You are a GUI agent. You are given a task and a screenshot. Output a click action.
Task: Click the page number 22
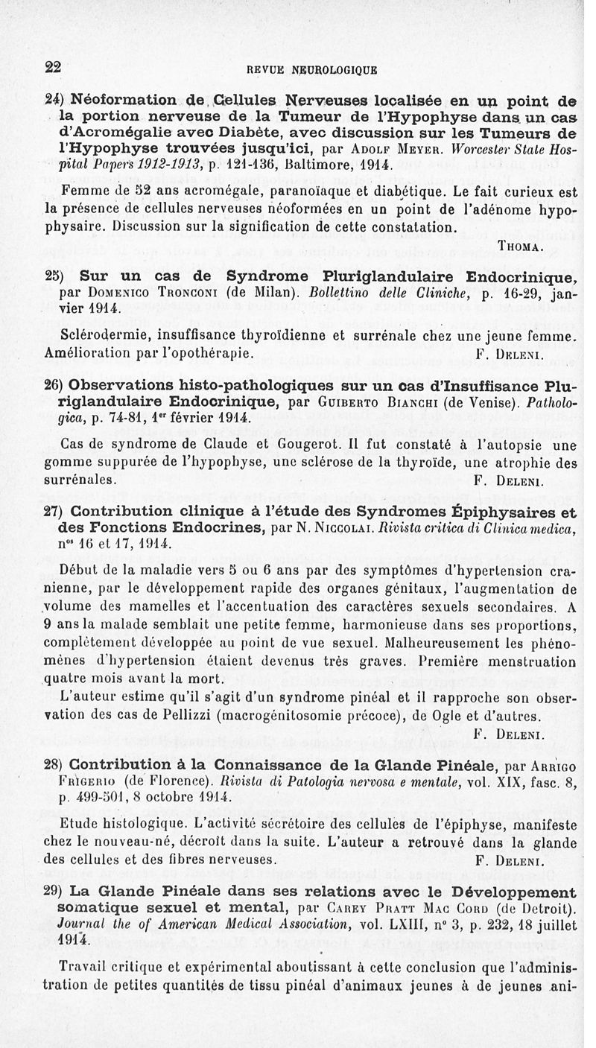(53, 66)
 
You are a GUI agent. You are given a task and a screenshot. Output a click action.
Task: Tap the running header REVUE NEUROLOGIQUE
(307, 72)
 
